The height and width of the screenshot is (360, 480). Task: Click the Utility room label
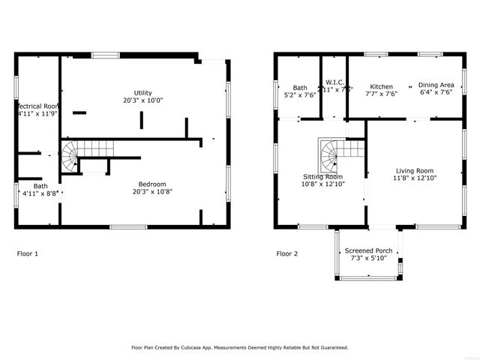click(143, 92)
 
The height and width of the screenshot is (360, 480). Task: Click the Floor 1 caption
click(28, 253)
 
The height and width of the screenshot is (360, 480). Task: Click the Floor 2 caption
click(287, 253)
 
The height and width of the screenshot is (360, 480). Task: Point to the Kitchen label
click(381, 86)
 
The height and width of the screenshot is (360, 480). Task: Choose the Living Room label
click(415, 171)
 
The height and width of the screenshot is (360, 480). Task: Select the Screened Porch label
click(368, 250)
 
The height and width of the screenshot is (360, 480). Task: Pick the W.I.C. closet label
click(334, 82)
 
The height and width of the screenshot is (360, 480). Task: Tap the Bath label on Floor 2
click(300, 88)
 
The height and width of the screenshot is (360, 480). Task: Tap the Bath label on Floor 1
click(40, 186)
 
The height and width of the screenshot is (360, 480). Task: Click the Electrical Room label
click(37, 106)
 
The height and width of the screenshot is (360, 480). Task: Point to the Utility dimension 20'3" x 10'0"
click(143, 100)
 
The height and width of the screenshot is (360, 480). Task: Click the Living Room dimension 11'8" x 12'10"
click(415, 178)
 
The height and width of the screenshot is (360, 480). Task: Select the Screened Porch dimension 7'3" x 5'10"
click(368, 258)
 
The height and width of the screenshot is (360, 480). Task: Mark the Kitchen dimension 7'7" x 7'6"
click(381, 94)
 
